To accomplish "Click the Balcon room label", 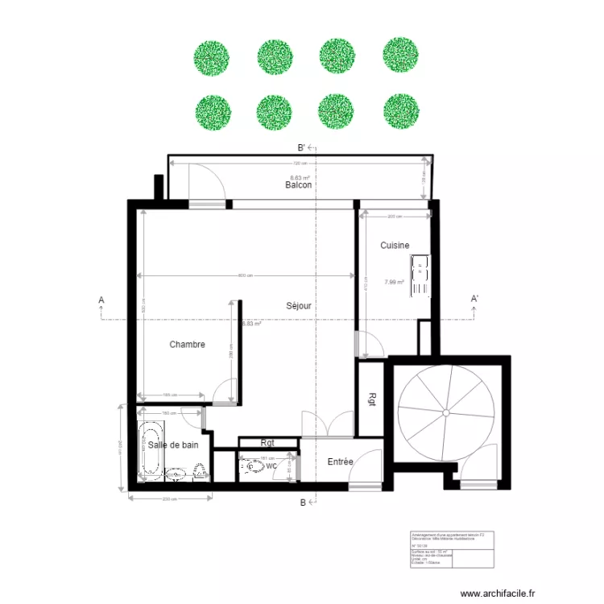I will click(x=298, y=185).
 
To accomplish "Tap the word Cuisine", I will click(x=395, y=246).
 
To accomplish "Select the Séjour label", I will click(x=298, y=306).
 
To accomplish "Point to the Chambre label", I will click(x=187, y=345).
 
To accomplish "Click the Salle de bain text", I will click(x=172, y=445).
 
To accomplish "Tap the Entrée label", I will click(x=340, y=462).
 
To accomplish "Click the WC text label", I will click(x=271, y=465).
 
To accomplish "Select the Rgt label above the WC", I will click(x=267, y=442).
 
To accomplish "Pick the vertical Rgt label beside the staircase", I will click(x=372, y=400).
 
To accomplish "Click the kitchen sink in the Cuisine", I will click(x=420, y=276).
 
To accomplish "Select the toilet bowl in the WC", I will click(x=254, y=465).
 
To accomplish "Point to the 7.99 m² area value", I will click(x=394, y=282).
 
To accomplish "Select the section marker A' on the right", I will click(x=474, y=300).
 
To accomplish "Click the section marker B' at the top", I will click(x=300, y=147).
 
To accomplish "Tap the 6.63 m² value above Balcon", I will click(x=299, y=177).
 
